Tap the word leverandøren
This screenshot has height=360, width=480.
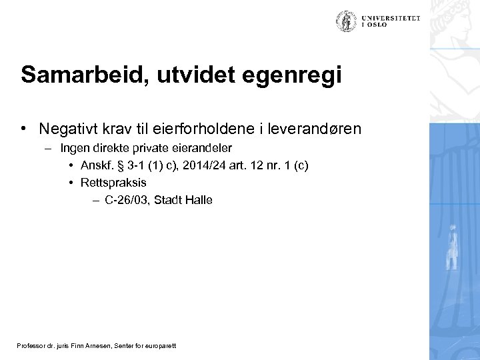click(320, 128)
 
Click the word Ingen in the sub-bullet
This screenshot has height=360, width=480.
click(73, 147)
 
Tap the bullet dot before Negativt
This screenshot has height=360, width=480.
click(23, 127)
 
